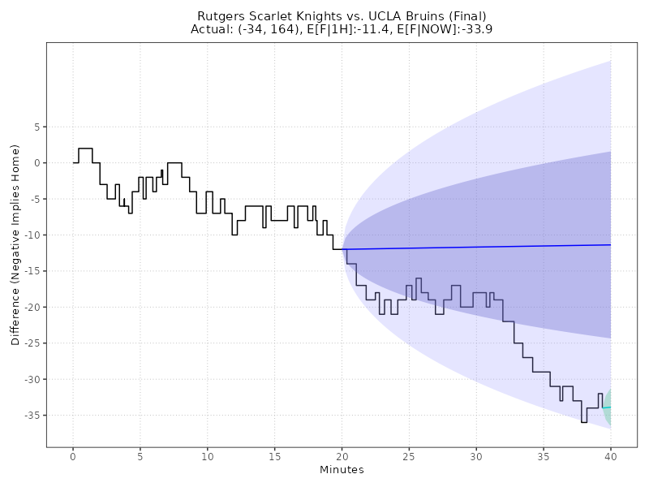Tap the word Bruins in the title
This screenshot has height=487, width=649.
click(x=425, y=16)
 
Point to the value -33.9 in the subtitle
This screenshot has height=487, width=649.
click(x=475, y=29)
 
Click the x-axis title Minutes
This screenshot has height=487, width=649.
click(x=342, y=470)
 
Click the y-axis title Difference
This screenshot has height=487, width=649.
click(x=15, y=244)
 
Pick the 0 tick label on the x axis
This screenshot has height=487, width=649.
click(x=73, y=455)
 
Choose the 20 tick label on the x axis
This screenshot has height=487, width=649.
click(x=342, y=455)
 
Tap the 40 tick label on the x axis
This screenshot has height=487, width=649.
click(x=610, y=455)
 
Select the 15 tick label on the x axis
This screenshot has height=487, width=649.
click(x=274, y=455)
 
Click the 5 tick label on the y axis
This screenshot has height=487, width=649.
click(x=37, y=127)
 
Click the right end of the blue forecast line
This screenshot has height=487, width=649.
click(x=610, y=244)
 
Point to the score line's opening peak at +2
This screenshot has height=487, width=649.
click(x=85, y=149)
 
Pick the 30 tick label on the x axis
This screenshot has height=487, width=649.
click(x=475, y=455)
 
